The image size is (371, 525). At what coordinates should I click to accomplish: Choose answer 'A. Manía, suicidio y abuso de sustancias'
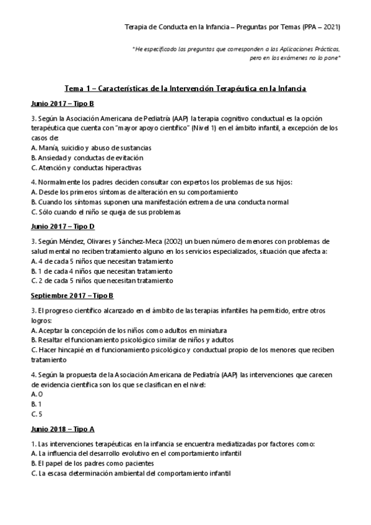coord(91,148)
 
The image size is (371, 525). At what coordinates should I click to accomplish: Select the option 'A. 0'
coord(37,394)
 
